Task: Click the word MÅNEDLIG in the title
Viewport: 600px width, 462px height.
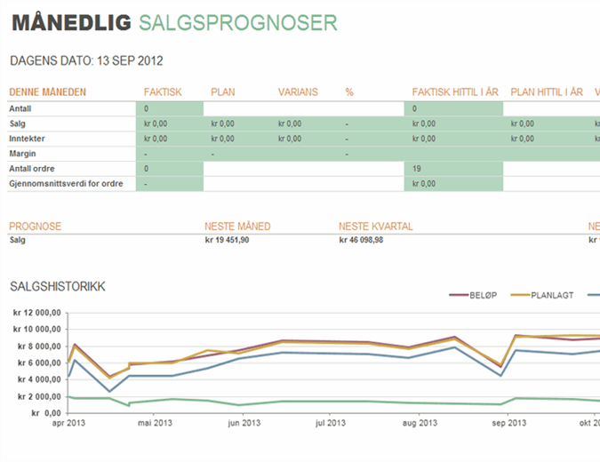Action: (x=70, y=23)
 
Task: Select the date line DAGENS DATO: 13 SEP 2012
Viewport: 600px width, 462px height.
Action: (x=85, y=61)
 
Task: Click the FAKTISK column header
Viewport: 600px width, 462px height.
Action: (x=162, y=92)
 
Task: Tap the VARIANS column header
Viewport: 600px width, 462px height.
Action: (x=298, y=92)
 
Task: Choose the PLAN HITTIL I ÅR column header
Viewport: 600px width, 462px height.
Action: (x=547, y=92)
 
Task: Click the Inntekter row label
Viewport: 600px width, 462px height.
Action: (x=28, y=139)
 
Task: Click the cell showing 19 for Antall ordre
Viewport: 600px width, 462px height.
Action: (x=417, y=169)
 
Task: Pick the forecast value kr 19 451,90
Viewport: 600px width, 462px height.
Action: (x=227, y=240)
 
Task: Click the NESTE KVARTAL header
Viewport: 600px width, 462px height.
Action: (x=376, y=227)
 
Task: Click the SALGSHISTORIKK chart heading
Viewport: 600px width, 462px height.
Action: (x=58, y=286)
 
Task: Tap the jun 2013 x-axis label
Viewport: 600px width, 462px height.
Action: (x=242, y=423)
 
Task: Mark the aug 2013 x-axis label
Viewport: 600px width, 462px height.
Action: (x=416, y=423)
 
